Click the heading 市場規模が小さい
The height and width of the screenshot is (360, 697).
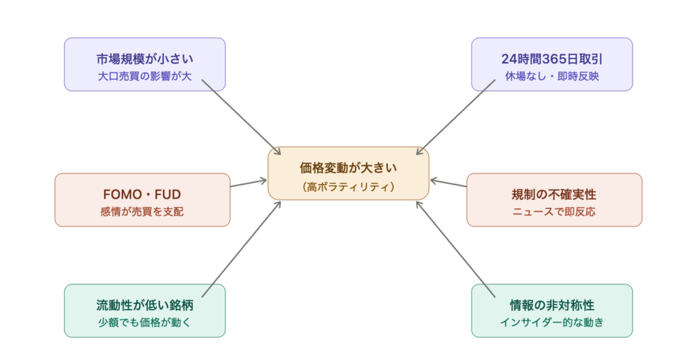point(144,59)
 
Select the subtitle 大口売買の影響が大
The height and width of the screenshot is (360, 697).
point(144,76)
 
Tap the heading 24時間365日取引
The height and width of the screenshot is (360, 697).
point(552,59)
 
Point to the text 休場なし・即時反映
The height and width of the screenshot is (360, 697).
point(552,76)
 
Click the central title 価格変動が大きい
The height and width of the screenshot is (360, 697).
point(348,167)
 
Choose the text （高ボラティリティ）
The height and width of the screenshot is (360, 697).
point(348,186)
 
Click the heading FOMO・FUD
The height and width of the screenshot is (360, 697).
point(142,195)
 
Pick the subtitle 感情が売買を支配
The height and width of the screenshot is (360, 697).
point(142,212)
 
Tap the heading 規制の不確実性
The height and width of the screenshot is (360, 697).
point(554,195)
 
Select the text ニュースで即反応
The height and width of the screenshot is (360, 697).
point(554,212)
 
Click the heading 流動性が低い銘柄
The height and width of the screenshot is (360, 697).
point(144,306)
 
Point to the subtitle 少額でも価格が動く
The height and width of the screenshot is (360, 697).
point(144,323)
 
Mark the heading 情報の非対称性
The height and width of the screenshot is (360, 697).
point(552,306)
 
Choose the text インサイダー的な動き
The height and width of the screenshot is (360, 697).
point(552,323)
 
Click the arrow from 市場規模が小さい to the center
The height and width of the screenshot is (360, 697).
point(242,118)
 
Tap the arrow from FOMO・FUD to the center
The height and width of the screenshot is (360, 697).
point(248,183)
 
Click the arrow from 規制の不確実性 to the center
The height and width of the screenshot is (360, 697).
point(448,183)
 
